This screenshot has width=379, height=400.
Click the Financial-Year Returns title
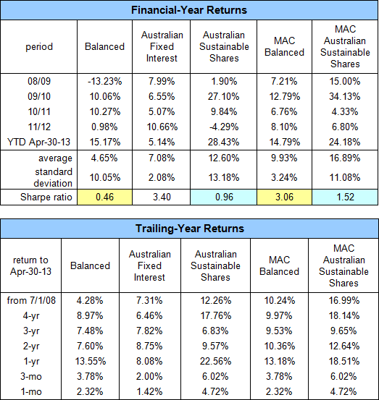coord(189,10)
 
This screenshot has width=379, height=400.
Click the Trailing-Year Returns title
coord(190,229)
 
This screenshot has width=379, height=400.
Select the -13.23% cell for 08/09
coord(105,82)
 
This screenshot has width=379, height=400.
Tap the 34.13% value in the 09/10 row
coord(344,96)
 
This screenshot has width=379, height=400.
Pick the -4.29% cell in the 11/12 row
coord(224,127)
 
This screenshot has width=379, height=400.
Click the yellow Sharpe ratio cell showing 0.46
coord(105,197)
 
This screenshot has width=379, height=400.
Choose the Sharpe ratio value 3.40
coord(162,197)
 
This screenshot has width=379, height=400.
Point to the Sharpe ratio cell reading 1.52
coord(345,197)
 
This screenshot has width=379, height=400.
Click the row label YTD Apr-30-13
coord(39,142)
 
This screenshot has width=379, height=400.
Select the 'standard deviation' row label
coord(53,177)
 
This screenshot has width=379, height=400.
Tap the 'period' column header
coord(39,47)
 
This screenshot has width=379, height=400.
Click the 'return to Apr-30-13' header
coord(30,265)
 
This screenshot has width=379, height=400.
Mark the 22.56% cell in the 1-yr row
coord(215,361)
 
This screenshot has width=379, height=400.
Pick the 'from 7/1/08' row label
coord(31,300)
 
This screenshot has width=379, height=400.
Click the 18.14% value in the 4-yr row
coord(344,315)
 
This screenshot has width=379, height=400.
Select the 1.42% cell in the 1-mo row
coord(149,391)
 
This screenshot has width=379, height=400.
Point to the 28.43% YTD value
coord(223,142)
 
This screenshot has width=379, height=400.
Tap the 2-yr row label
coord(31,346)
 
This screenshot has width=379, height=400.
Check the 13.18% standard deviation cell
coord(224,177)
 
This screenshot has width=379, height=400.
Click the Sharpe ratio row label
coord(46,197)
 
